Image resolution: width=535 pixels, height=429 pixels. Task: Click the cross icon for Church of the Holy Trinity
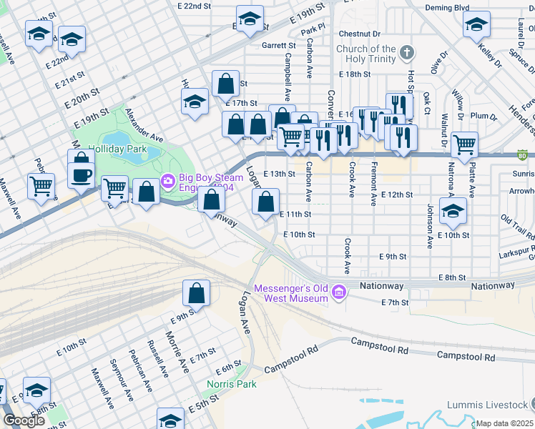click(406, 53)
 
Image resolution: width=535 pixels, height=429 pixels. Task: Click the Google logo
click(24, 421)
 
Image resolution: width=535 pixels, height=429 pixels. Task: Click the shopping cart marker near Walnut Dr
click(465, 144)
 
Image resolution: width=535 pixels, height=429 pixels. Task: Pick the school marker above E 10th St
click(453, 210)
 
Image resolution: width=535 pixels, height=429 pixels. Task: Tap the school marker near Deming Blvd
click(476, 26)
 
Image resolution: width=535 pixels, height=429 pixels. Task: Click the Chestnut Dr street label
click(360, 34)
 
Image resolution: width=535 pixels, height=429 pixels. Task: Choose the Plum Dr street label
click(484, 116)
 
